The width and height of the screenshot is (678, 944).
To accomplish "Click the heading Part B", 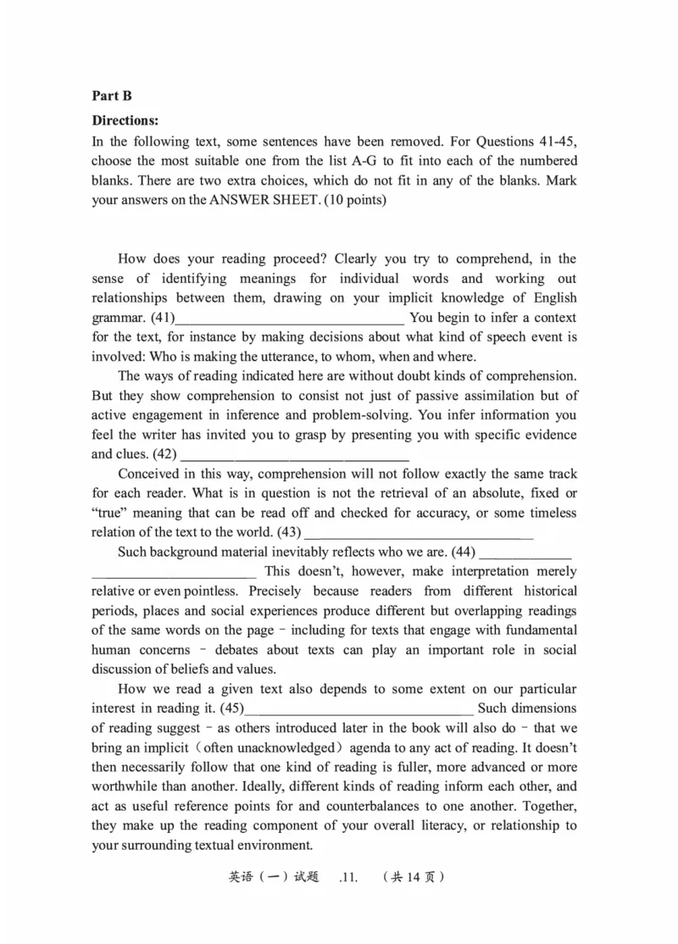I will (x=112, y=97).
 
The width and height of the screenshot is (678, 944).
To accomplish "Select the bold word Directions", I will (x=125, y=121).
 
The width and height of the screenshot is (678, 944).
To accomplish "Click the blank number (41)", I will (x=163, y=318).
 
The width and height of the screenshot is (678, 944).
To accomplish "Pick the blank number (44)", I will (x=464, y=552).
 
